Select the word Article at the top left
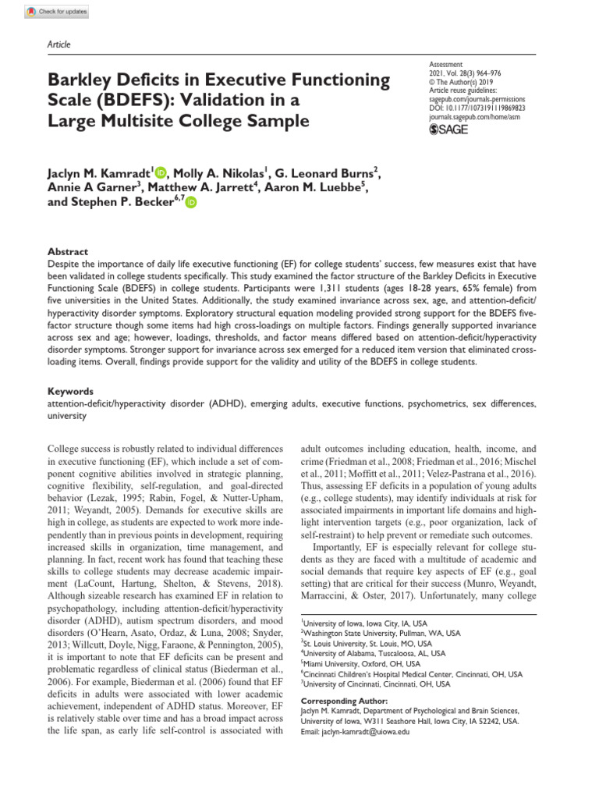click(59, 44)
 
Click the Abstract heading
click(68, 252)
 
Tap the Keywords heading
click(71, 392)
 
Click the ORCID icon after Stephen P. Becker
click(191, 203)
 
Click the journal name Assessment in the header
click(446, 64)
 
